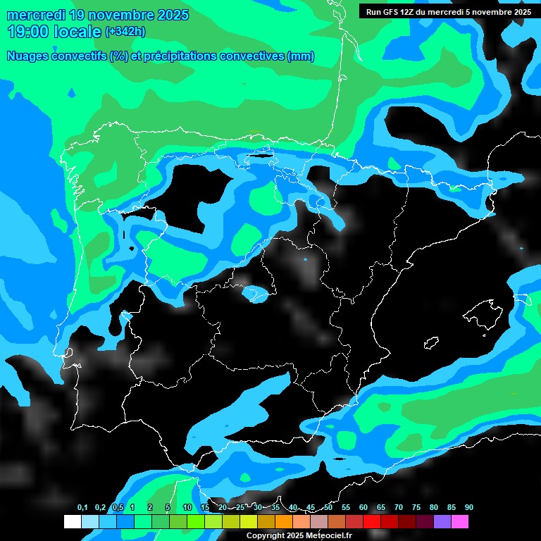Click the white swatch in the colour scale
pos(73,521)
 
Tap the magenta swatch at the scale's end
pos(460,521)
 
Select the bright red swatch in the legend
pos(372,521)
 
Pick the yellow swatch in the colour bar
pos(249,521)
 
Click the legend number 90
pos(469,508)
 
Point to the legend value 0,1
pos(82,508)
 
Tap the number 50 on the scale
pos(328,508)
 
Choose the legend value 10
pos(187,508)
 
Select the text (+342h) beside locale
pos(125,32)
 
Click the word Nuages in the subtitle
pos(29,56)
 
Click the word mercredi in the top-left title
pos(36,14)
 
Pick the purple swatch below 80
pos(442,521)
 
